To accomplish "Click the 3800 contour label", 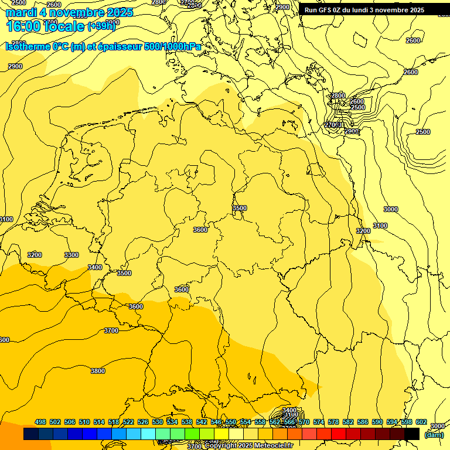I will pos(98,371).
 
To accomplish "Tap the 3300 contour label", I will pos(71,255).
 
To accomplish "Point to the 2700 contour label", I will pos(332,125).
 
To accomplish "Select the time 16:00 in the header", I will pos(23,26).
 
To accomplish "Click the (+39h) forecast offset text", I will pos(101,26).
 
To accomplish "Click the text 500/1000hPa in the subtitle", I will pos(172,47).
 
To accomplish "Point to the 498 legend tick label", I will pos(40,422).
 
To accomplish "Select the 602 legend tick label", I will pos(421,422).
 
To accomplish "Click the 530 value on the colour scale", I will pos(158,422).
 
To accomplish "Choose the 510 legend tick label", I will pos(84,422).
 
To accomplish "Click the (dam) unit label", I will pos(434,434).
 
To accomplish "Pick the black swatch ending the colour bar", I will pos(412,434).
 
